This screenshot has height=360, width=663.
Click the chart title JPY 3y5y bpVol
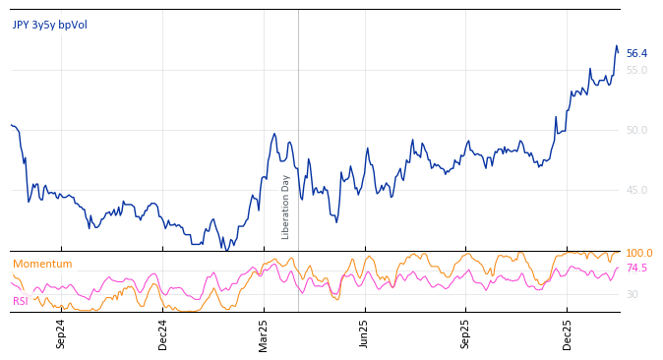tap(49, 25)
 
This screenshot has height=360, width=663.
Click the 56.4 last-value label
tap(636, 54)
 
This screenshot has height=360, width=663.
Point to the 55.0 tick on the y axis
tap(636, 71)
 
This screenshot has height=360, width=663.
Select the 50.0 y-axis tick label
tap(636, 131)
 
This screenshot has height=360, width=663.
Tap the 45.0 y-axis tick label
tap(636, 191)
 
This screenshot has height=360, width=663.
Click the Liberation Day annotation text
tap(286, 207)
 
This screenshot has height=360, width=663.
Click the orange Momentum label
tap(42, 265)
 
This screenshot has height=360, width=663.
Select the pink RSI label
tap(21, 301)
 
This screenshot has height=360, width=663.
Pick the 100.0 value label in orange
tap(638, 254)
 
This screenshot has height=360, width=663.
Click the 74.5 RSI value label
tap(636, 269)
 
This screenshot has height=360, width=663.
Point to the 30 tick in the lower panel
tap(632, 295)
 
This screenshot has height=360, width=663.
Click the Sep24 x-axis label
tap(61, 333)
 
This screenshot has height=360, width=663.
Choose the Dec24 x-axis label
tap(163, 333)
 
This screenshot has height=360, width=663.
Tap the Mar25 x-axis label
tap(264, 333)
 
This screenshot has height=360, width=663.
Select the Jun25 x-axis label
tap(365, 333)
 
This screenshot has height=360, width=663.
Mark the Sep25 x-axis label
tap(466, 333)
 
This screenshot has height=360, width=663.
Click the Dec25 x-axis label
tap(568, 333)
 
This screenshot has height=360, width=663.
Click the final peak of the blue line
tap(617, 46)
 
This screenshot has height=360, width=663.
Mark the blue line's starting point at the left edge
tap(11, 125)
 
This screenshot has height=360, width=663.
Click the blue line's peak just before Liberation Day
tap(274, 134)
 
